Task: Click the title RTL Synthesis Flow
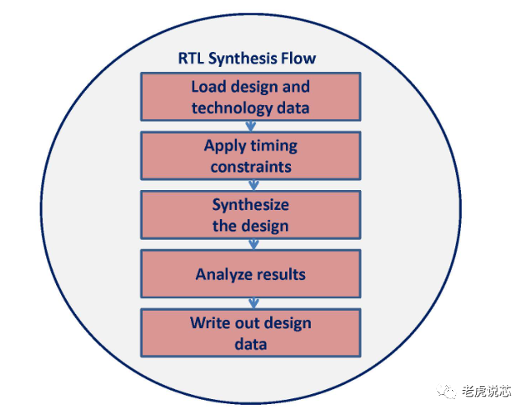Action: [x=247, y=59]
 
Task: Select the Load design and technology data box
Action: [x=250, y=97]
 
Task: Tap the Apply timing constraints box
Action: [x=250, y=156]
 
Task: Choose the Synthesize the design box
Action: [x=250, y=215]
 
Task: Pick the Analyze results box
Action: [x=250, y=274]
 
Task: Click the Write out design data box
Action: [x=250, y=333]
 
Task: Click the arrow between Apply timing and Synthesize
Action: [x=252, y=186]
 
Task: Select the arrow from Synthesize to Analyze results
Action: [x=253, y=245]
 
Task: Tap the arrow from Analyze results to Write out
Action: [x=253, y=303]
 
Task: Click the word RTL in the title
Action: [x=190, y=59]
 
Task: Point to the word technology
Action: [x=231, y=108]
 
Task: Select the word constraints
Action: [x=250, y=167]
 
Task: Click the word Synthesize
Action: [x=250, y=205]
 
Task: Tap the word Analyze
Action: [x=221, y=274]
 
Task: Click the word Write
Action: [x=208, y=322]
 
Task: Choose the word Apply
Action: [x=224, y=145]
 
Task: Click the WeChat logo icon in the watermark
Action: [x=448, y=392]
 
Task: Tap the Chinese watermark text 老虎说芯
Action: [x=487, y=392]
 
